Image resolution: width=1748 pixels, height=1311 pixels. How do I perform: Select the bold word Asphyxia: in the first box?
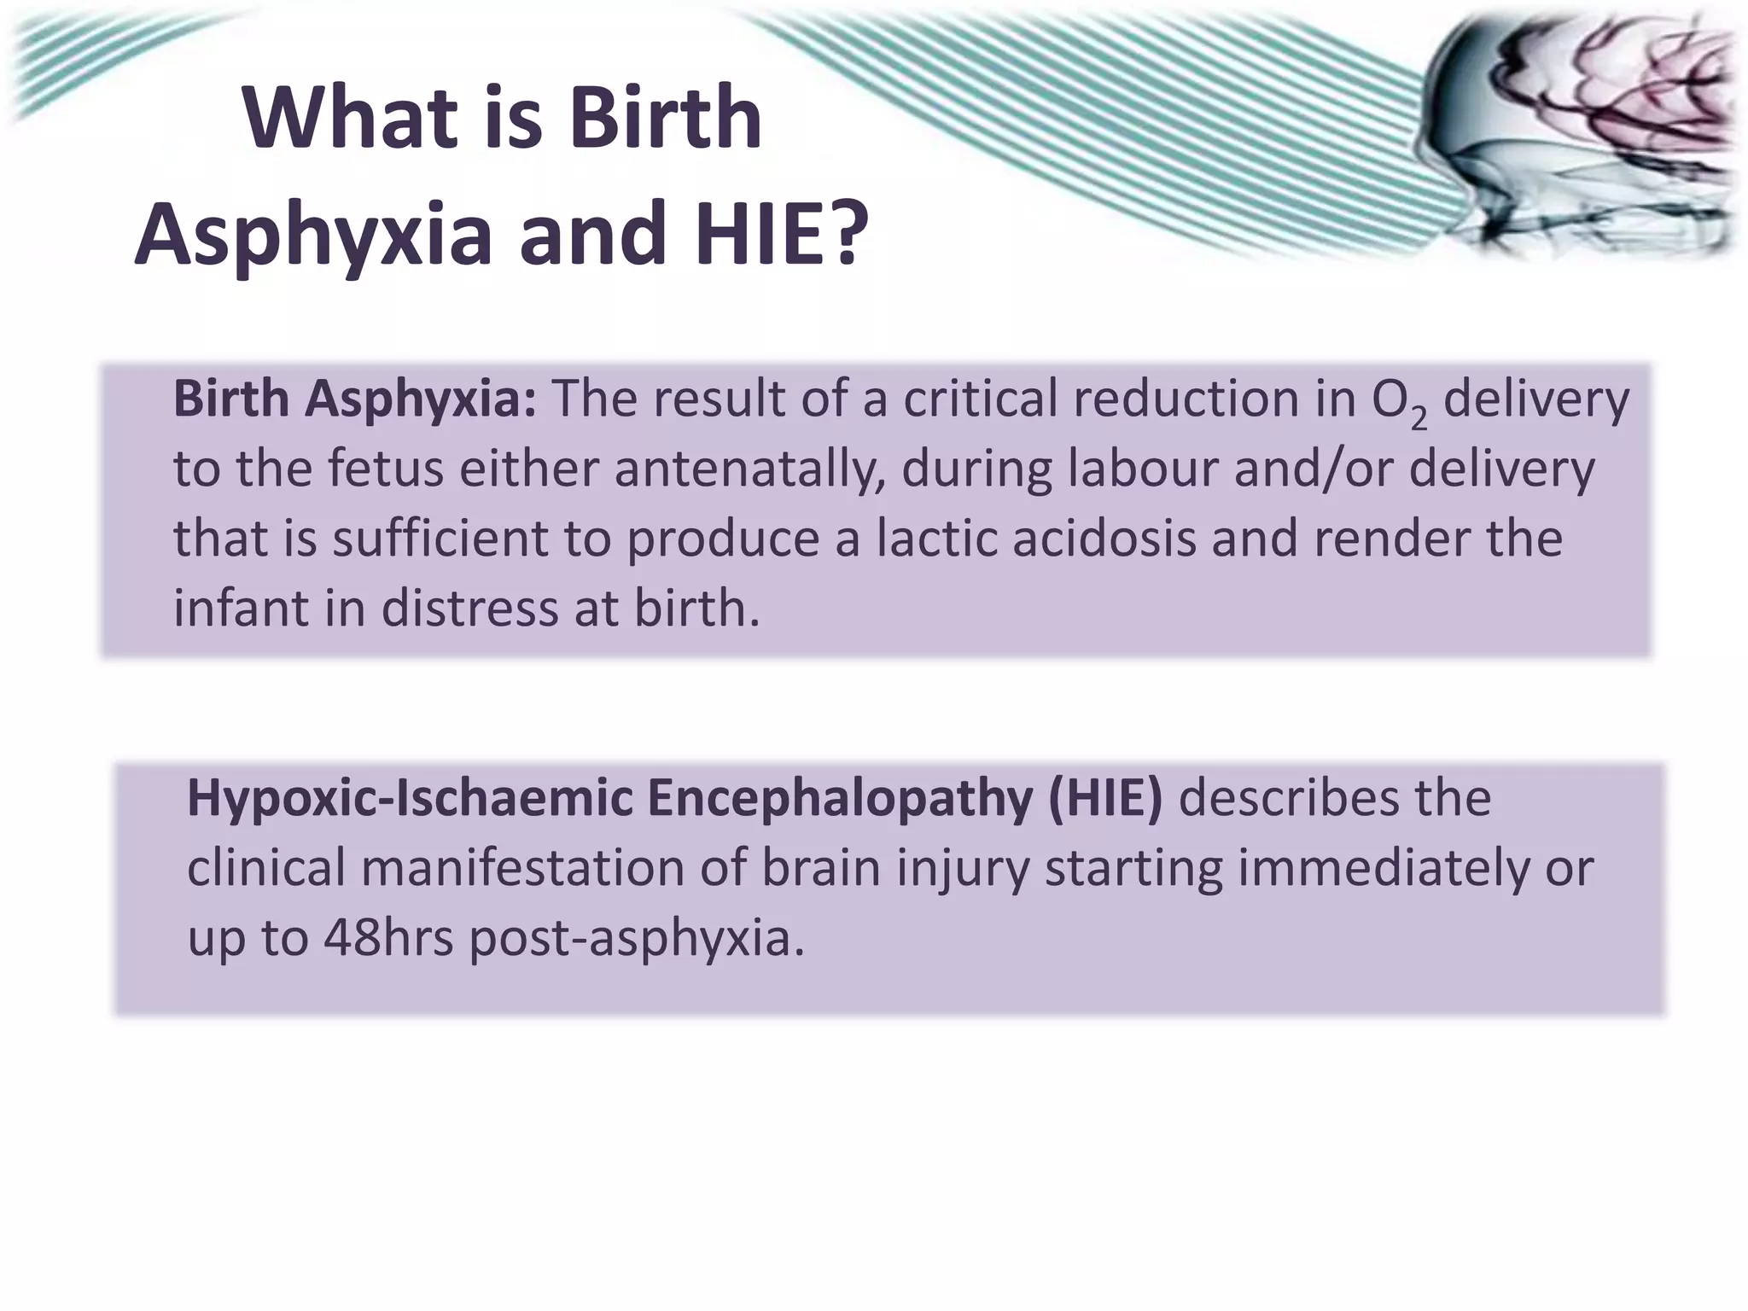click(421, 399)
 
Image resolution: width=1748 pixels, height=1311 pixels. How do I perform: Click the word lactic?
click(937, 539)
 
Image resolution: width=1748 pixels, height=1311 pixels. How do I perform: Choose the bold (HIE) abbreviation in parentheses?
click(1106, 799)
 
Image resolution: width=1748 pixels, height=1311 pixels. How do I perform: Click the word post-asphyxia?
click(637, 939)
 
